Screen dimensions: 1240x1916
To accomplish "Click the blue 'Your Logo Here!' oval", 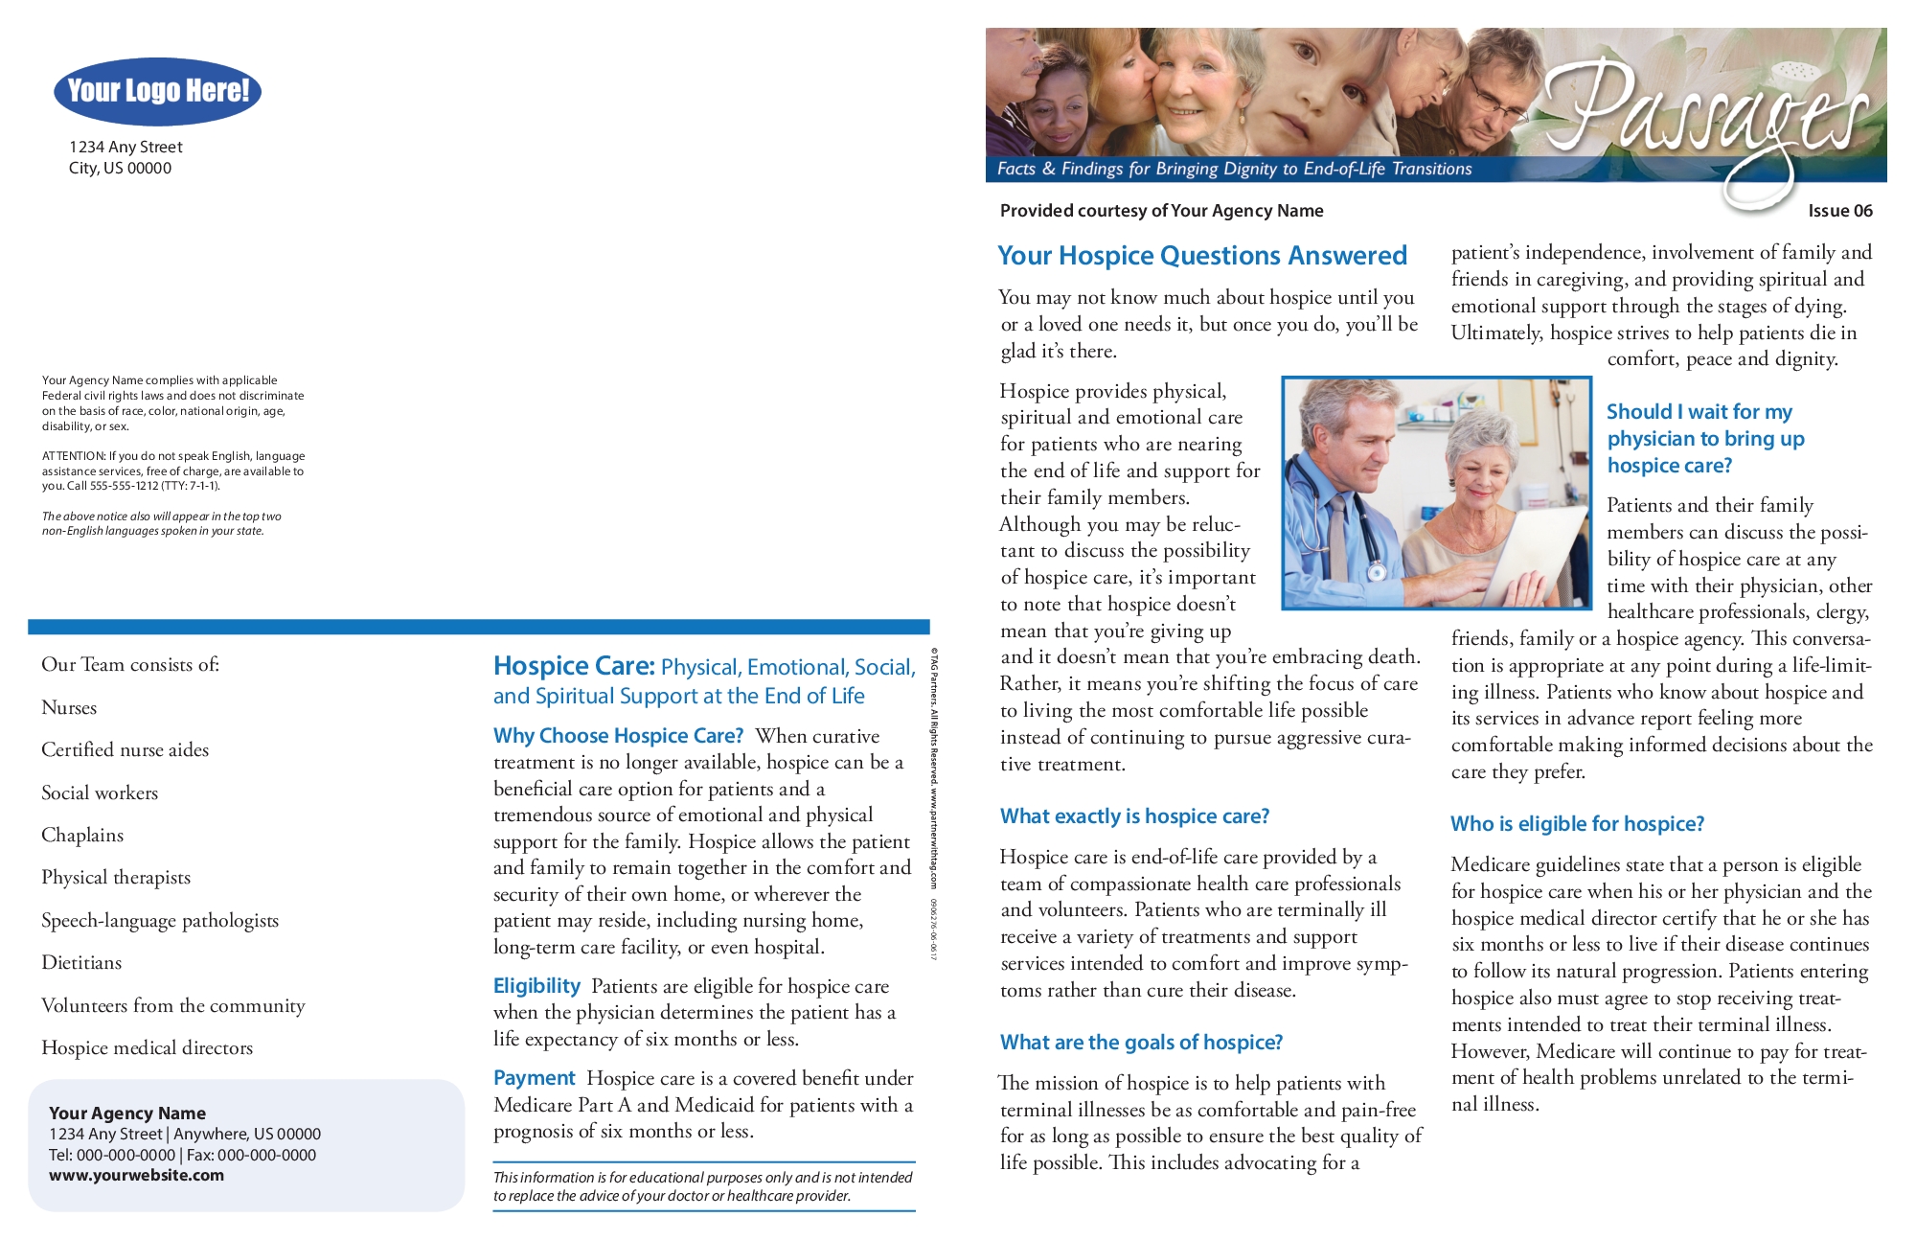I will point(158,91).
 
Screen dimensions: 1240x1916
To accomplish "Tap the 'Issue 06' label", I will point(1839,211).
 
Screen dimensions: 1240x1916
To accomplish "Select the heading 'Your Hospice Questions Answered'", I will point(1201,256).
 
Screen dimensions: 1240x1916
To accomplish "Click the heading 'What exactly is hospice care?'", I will point(1134,816).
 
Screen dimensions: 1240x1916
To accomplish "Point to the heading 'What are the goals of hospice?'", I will point(1141,1043).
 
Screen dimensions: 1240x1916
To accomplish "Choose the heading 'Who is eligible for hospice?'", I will point(1577,824).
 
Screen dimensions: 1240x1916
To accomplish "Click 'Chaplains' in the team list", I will point(82,836).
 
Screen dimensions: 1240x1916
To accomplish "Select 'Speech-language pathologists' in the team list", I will point(160,921).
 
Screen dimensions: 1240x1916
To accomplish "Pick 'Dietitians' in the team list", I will point(81,963).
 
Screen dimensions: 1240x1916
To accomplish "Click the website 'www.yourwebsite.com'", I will point(136,1176).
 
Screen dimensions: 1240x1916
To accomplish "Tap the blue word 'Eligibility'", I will point(536,986).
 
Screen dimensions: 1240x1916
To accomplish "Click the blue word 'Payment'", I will point(534,1078).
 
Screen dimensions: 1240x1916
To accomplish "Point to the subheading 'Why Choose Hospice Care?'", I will point(618,736).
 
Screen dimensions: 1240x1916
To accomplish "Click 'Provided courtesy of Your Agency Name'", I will point(1161,211).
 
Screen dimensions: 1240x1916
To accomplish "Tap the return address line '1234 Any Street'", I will point(125,148).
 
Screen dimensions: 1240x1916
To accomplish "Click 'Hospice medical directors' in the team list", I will point(147,1048).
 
